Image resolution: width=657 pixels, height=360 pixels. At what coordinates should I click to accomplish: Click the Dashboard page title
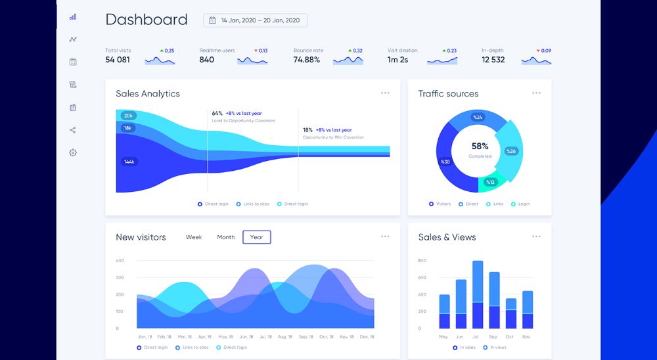tap(146, 20)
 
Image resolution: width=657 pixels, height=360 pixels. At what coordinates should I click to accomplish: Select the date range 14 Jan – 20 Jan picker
tap(255, 20)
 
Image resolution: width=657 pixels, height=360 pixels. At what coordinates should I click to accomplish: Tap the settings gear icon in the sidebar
tap(73, 152)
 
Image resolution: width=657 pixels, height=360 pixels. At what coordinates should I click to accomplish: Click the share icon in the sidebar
tap(73, 130)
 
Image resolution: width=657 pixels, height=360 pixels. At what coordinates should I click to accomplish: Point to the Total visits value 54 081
tap(118, 60)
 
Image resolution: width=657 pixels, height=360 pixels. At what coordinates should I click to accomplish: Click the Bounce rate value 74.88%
tap(307, 60)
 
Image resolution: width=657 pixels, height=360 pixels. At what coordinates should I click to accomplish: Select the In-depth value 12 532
tap(493, 60)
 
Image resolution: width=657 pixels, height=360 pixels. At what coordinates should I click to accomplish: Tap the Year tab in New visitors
tap(256, 237)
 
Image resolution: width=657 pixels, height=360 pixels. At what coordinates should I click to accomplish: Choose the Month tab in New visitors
tap(225, 237)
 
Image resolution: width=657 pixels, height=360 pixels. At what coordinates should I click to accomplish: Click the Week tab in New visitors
tap(194, 237)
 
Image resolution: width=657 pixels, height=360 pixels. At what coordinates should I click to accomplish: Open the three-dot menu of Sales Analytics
tap(385, 93)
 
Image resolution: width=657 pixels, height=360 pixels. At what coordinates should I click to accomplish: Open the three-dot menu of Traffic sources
tap(537, 93)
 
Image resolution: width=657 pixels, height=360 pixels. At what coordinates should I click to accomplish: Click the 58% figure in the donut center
tap(480, 146)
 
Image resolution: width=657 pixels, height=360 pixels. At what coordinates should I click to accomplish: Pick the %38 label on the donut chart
tap(445, 162)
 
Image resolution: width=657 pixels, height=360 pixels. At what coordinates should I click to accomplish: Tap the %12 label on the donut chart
tap(490, 182)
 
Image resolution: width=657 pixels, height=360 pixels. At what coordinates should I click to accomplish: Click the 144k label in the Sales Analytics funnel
tap(129, 161)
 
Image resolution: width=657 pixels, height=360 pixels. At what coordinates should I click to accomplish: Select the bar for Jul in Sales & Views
tap(478, 295)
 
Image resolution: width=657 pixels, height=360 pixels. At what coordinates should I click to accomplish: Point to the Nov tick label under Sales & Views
tap(527, 337)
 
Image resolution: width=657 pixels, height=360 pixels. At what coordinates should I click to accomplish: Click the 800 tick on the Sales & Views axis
tap(422, 261)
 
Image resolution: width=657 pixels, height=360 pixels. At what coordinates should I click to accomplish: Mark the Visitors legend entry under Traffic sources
tap(440, 204)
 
